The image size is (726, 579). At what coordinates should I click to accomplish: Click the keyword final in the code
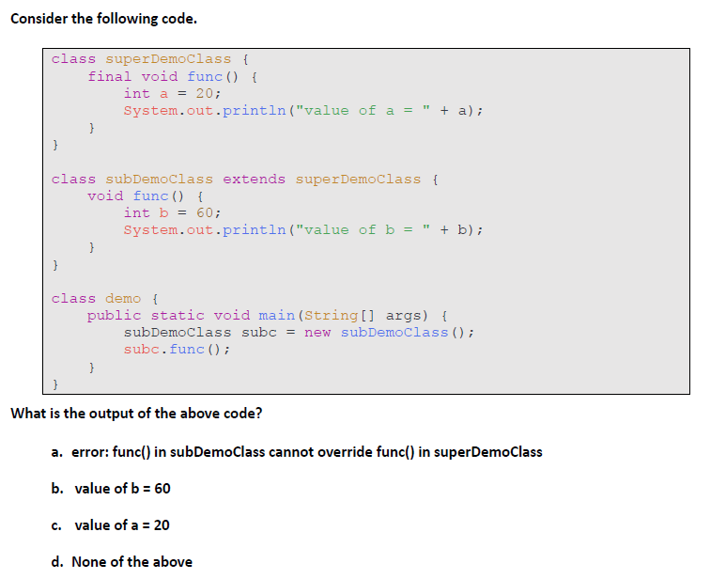(109, 76)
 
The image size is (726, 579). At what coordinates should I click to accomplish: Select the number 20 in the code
(205, 94)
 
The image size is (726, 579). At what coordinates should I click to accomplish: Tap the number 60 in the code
(205, 213)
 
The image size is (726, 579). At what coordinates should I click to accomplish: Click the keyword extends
(254, 180)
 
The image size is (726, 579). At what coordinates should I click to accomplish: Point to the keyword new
(317, 333)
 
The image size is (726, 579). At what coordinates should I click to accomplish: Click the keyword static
(178, 316)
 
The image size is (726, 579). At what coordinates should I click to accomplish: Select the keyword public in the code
(114, 316)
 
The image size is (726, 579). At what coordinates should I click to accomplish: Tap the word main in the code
(276, 316)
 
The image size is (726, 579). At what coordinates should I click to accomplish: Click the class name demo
(123, 298)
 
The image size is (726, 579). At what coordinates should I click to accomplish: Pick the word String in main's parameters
(331, 316)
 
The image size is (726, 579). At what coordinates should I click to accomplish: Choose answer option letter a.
(57, 452)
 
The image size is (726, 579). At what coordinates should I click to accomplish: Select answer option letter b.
(57, 489)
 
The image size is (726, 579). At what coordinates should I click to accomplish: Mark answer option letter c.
(56, 525)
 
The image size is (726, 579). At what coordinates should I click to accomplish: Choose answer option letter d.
(57, 562)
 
